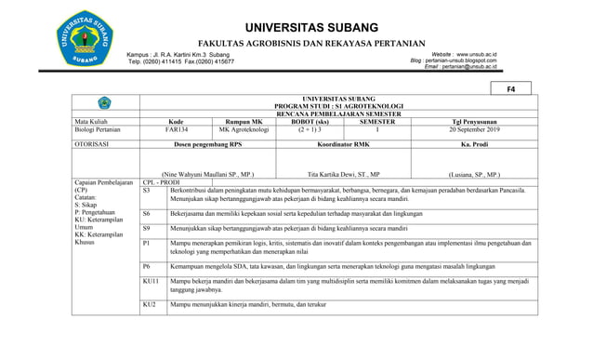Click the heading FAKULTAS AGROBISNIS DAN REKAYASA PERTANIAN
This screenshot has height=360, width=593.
(x=311, y=44)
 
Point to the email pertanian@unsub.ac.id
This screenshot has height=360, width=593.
(x=469, y=67)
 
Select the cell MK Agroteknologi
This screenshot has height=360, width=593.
(x=244, y=130)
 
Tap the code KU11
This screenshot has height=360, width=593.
(x=152, y=280)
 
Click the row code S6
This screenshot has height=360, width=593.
(x=147, y=213)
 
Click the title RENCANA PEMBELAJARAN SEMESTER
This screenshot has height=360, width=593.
(x=337, y=113)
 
